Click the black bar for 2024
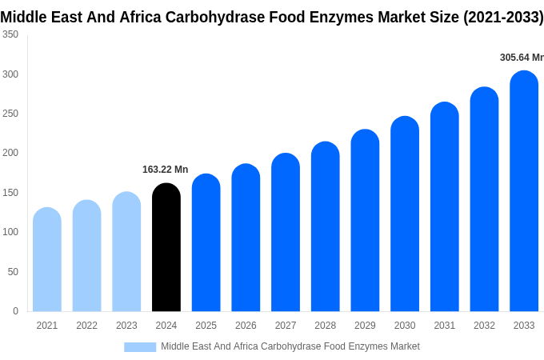pyautogui.click(x=166, y=248)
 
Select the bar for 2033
pyautogui.click(x=524, y=192)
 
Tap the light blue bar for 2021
pyautogui.click(x=47, y=260)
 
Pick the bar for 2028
pyautogui.click(x=326, y=227)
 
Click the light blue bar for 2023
pyautogui.click(x=126, y=252)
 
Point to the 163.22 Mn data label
pyautogui.click(x=165, y=170)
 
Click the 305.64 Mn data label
pyautogui.click(x=521, y=58)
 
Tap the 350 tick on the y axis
pyautogui.click(x=10, y=34)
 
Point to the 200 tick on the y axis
pyautogui.click(x=10, y=153)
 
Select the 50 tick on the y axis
pyautogui.click(x=13, y=272)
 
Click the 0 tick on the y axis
pyautogui.click(x=15, y=311)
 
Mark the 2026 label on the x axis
pyautogui.click(x=246, y=326)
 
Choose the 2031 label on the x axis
pyautogui.click(x=445, y=326)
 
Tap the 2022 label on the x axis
pyautogui.click(x=86, y=326)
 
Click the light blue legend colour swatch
pyautogui.click(x=140, y=346)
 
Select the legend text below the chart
pyautogui.click(x=290, y=346)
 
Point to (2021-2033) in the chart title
pyautogui.click(x=502, y=17)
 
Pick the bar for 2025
pyautogui.click(x=206, y=243)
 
